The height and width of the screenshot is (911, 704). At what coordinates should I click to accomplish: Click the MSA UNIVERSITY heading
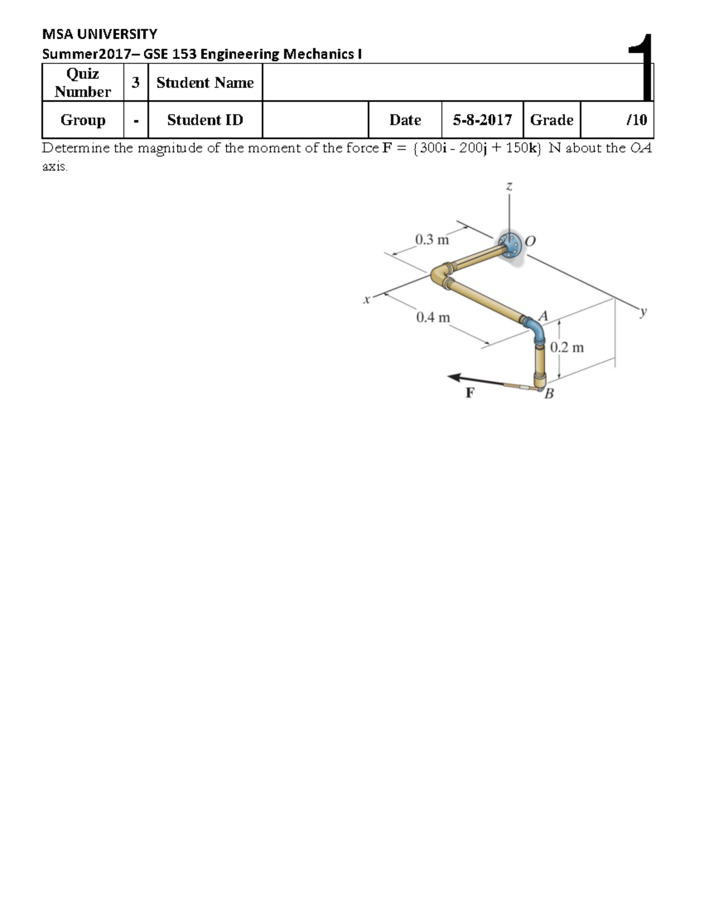point(99,34)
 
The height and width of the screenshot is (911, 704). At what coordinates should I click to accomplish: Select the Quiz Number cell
point(83,83)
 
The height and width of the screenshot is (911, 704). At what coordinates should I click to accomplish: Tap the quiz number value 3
point(136,83)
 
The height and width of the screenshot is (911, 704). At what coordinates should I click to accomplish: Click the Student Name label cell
point(205,83)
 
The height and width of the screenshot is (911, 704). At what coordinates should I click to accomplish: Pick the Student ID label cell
point(205,120)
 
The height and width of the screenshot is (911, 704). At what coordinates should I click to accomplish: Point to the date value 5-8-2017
point(482,120)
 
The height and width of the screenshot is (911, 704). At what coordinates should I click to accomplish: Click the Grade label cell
point(551,120)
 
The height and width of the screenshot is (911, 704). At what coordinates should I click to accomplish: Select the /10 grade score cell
point(636,120)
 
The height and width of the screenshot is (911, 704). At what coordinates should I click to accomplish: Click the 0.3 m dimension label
point(431,239)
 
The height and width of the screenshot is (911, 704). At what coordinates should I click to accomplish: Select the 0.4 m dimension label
point(433,317)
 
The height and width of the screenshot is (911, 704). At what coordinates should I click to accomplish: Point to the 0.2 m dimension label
point(567,347)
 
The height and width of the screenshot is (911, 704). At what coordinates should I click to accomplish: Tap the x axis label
point(367,300)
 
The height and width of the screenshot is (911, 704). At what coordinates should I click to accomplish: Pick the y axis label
point(644,311)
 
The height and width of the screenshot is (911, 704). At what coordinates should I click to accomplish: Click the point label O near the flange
point(530,241)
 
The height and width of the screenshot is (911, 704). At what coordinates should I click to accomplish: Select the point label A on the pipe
point(543,316)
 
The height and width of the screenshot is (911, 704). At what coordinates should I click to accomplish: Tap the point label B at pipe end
point(549,394)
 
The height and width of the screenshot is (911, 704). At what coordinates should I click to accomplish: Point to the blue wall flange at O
point(509,246)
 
